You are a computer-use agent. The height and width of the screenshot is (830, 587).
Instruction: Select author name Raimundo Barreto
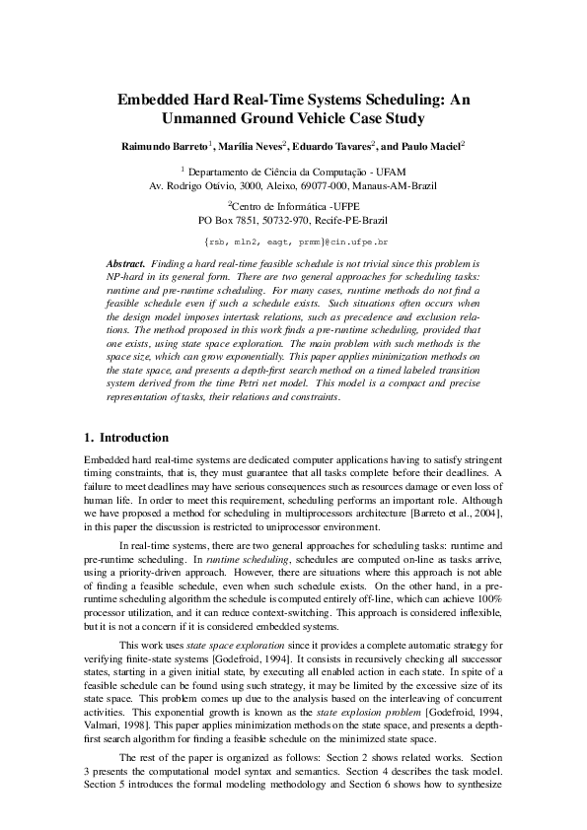tap(164, 146)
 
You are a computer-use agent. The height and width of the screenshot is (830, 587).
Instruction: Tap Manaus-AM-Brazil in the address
tap(392, 184)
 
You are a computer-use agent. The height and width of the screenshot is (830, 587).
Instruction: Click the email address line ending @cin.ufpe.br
tap(293, 241)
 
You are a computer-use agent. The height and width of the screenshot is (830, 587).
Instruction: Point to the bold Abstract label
tap(125, 264)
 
